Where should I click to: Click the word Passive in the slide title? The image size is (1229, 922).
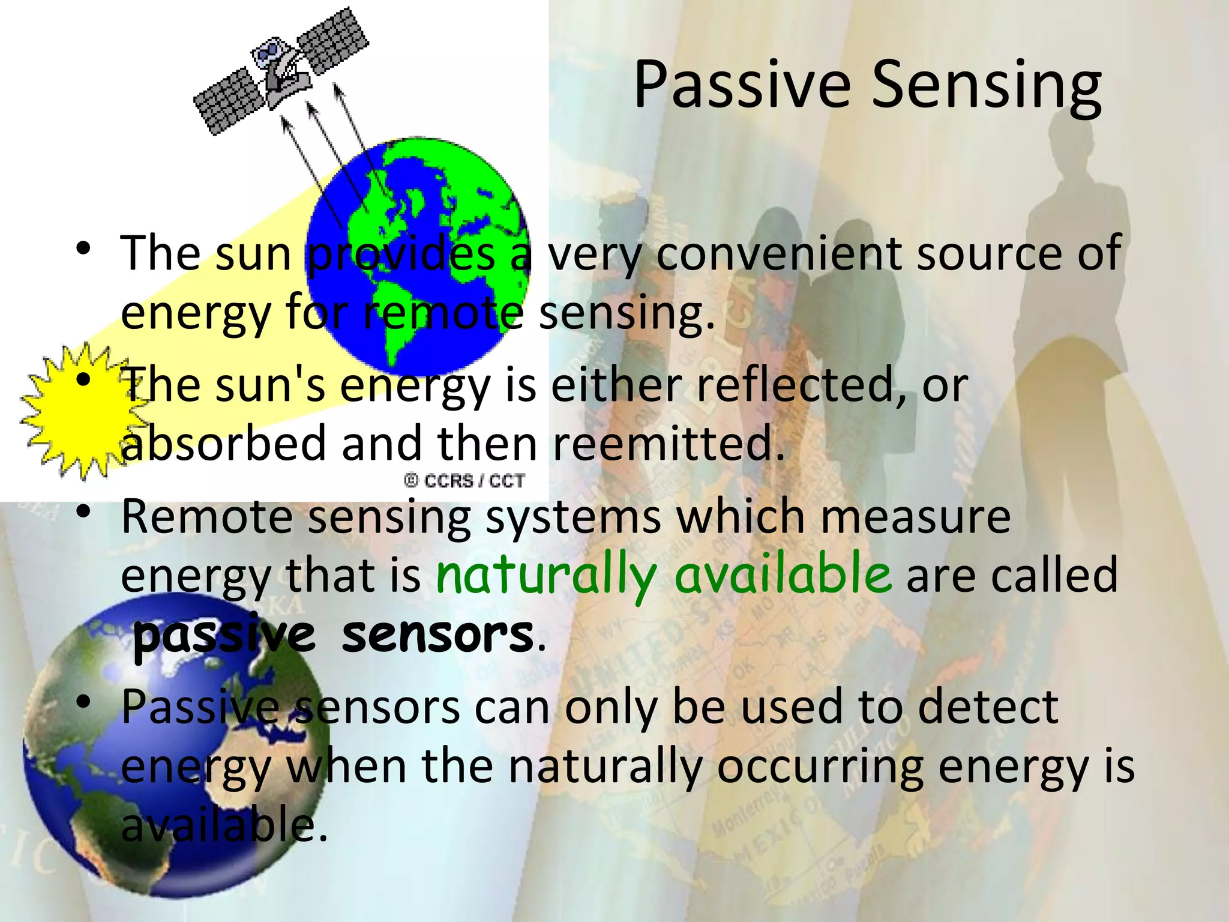[x=742, y=85]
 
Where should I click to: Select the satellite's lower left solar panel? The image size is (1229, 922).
[x=231, y=101]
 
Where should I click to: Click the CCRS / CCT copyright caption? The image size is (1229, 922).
[x=464, y=481]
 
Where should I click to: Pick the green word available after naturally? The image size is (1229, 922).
[x=783, y=573]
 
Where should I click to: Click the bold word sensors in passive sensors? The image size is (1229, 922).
[x=437, y=634]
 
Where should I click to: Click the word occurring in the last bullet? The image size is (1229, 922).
[x=819, y=767]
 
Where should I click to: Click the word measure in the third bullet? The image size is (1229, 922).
[x=915, y=517]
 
